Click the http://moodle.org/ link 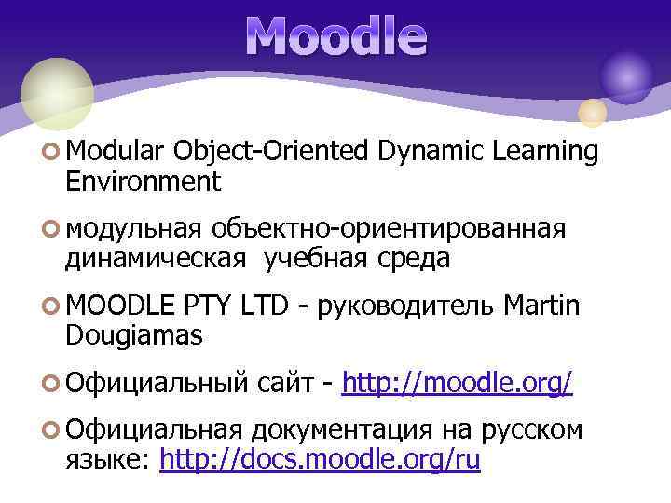(457, 383)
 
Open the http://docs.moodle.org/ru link (320, 459)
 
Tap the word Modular (116, 151)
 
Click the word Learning (544, 151)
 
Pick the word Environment (144, 181)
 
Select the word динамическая (156, 259)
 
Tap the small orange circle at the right (593, 113)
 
